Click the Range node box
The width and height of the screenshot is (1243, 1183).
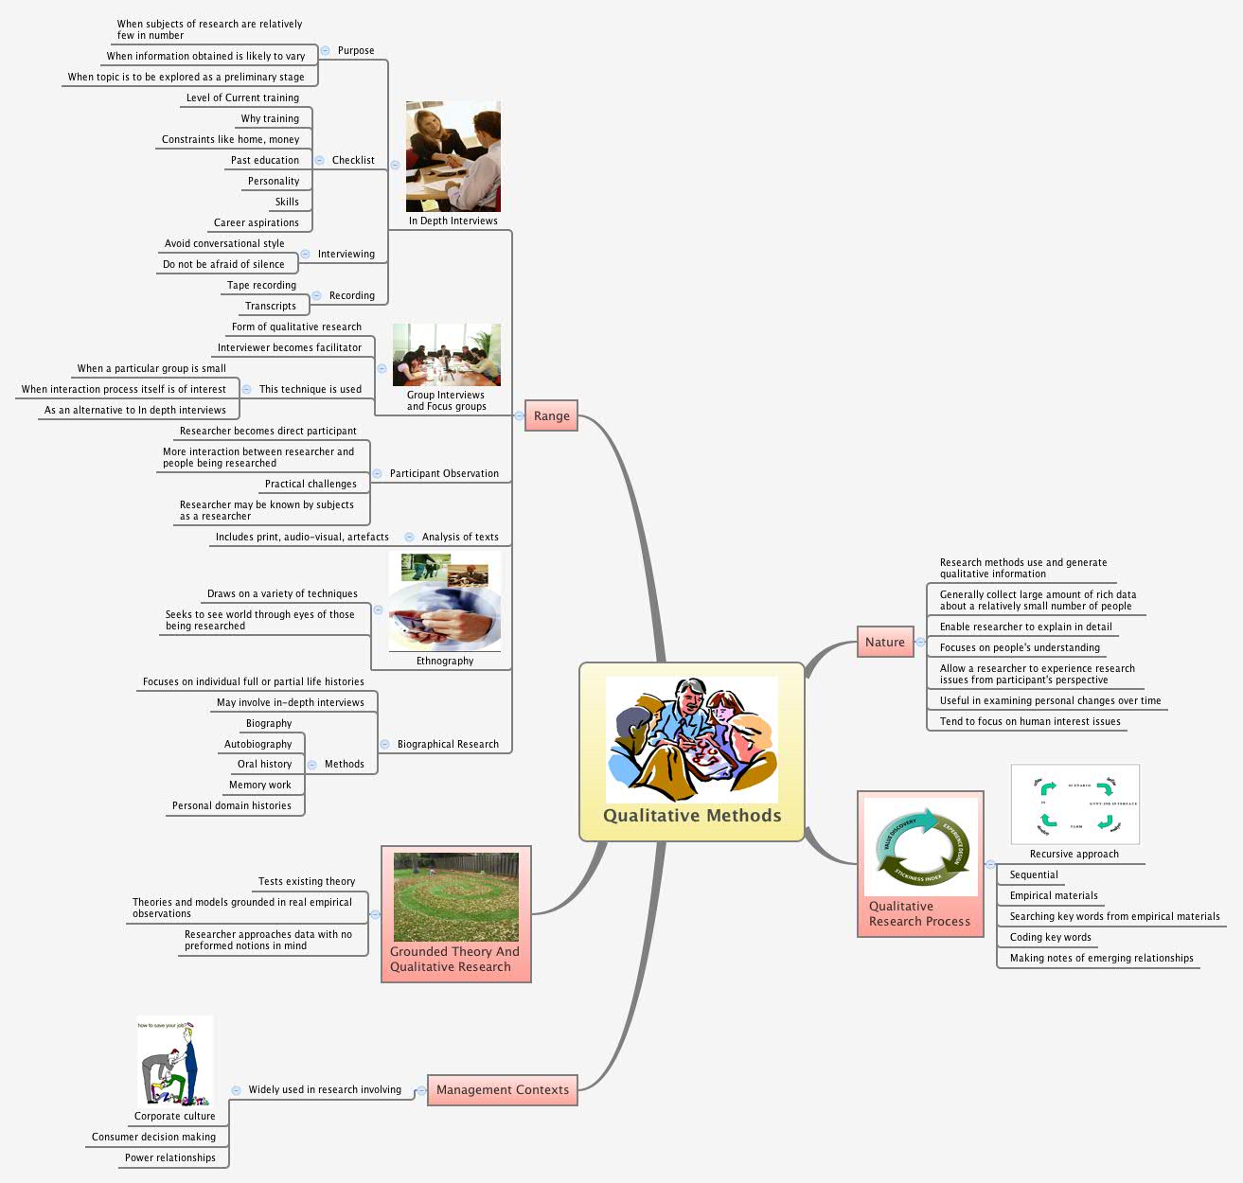(552, 415)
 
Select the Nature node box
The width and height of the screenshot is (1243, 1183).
(885, 642)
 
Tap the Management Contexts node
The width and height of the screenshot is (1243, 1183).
(503, 1089)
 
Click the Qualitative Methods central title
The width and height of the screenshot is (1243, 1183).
(692, 816)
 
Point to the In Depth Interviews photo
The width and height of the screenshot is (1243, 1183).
(453, 156)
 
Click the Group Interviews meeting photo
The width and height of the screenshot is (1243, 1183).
(446, 355)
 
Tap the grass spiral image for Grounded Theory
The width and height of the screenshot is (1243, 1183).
(455, 896)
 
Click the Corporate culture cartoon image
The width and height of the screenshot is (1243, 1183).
(175, 1061)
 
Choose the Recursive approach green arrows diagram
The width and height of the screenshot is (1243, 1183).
(1074, 804)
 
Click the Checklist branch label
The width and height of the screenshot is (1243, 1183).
(353, 160)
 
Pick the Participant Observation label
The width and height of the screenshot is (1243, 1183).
(444, 473)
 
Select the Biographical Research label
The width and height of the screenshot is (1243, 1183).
(448, 744)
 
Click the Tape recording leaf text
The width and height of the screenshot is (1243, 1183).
(261, 285)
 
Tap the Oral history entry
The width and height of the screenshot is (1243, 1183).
(264, 764)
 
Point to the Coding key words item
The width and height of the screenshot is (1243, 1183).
(1050, 937)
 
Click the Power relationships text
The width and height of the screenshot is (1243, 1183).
(170, 1157)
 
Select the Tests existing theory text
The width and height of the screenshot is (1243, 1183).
(307, 881)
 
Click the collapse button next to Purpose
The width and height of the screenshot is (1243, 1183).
(325, 50)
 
